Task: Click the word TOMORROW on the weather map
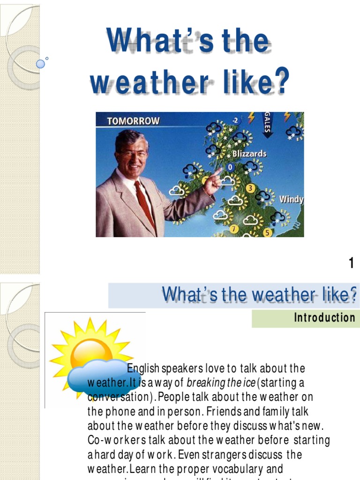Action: click(133, 120)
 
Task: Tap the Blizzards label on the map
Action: click(249, 153)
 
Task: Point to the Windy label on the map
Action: click(291, 199)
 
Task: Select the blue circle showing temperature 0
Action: click(230, 167)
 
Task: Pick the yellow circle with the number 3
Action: click(250, 188)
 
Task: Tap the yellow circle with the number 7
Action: click(234, 229)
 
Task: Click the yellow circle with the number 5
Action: click(268, 232)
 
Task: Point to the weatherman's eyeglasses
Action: click(133, 154)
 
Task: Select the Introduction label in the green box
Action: click(324, 318)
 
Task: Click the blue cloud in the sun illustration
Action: click(101, 377)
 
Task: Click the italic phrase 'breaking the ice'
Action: click(221, 383)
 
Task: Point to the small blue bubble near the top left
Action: click(41, 63)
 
